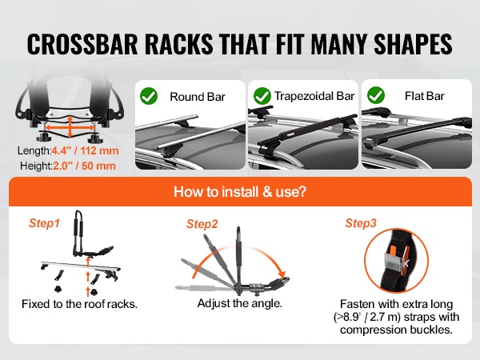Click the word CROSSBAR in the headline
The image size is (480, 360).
pos(82,44)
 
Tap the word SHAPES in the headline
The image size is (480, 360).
pos(413,44)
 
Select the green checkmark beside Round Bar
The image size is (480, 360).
pos(149,96)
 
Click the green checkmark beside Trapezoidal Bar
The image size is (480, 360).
pos(262,96)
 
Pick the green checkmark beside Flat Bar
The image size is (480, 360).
pos(376,95)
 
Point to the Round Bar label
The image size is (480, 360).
pos(198,97)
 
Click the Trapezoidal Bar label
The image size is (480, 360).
pos(314,96)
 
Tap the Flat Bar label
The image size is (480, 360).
pos(424,96)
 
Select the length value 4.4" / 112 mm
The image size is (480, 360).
pos(85,150)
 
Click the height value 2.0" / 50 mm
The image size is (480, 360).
pos(85,166)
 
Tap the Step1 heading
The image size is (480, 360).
pos(44,223)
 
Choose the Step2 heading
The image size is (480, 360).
pos(202,224)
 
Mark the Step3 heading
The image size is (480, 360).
pos(361,223)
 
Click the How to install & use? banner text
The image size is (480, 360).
pos(240,192)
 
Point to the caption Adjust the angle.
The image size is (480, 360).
pos(240,303)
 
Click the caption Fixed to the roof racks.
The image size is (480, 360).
pos(79,304)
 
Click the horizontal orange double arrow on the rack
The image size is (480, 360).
pos(70,127)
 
